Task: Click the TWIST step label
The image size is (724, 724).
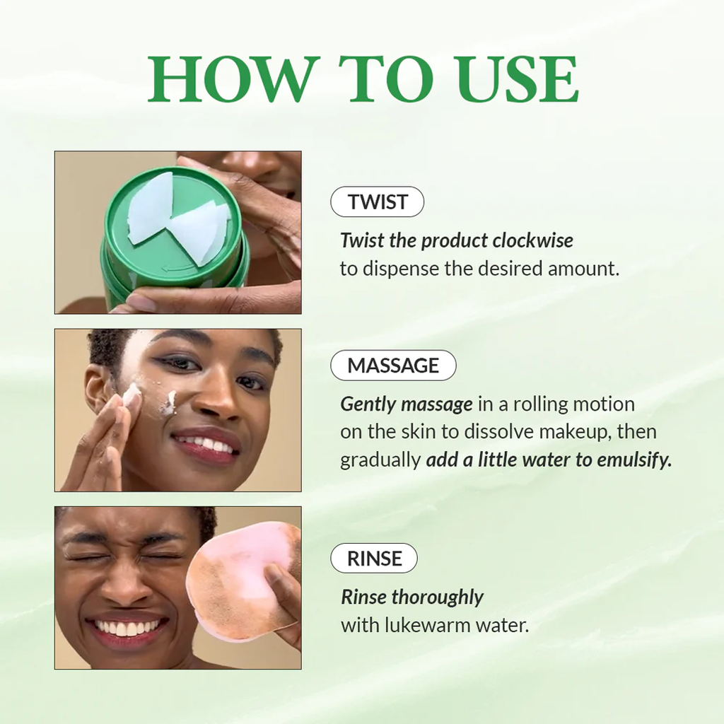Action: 377,202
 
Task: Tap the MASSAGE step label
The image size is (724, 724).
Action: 393,366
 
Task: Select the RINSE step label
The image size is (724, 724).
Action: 374,559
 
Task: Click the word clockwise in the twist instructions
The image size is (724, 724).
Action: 533,240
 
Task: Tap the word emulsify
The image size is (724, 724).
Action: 633,460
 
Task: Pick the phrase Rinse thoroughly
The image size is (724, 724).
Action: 412,597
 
